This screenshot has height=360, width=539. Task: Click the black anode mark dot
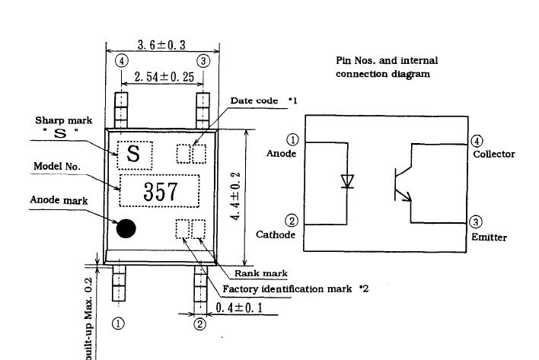coord(126,228)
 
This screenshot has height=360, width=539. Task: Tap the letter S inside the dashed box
coord(133,155)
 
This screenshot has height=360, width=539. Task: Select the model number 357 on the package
coord(160,191)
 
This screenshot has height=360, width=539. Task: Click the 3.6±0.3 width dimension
coord(161,46)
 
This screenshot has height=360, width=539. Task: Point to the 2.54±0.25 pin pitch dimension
coord(162,78)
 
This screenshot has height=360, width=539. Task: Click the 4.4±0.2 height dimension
coord(238,196)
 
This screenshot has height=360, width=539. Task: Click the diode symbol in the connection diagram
coord(347,181)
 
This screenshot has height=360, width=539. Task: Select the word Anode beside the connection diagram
coord(281,154)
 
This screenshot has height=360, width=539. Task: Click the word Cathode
coord(275,234)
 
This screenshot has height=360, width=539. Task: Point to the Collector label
coord(493,154)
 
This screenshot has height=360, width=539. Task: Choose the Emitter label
coord(489,237)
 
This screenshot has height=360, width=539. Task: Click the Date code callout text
coord(258,101)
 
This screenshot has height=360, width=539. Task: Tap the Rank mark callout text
coord(260,273)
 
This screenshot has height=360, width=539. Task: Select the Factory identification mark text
coord(287,289)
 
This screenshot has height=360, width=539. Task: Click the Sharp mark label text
coord(59,120)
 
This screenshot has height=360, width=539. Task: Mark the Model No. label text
coord(57,166)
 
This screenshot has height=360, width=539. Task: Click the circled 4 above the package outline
coord(123,61)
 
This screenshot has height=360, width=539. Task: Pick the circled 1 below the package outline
coord(118,323)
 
